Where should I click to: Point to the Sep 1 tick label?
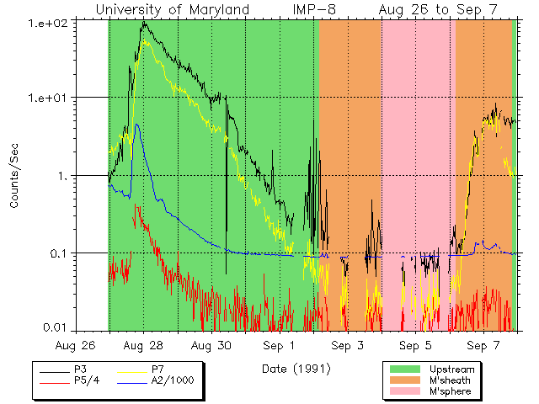tap(280, 345)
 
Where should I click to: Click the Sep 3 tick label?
tap(347, 345)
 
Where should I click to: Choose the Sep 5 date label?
tap(415, 345)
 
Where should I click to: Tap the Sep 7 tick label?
tap(483, 345)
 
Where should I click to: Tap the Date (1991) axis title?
tap(296, 368)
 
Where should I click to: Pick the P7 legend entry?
tap(158, 369)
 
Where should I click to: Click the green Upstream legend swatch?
tap(406, 369)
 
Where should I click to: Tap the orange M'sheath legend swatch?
tap(406, 380)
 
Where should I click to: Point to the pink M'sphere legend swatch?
tap(406, 392)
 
